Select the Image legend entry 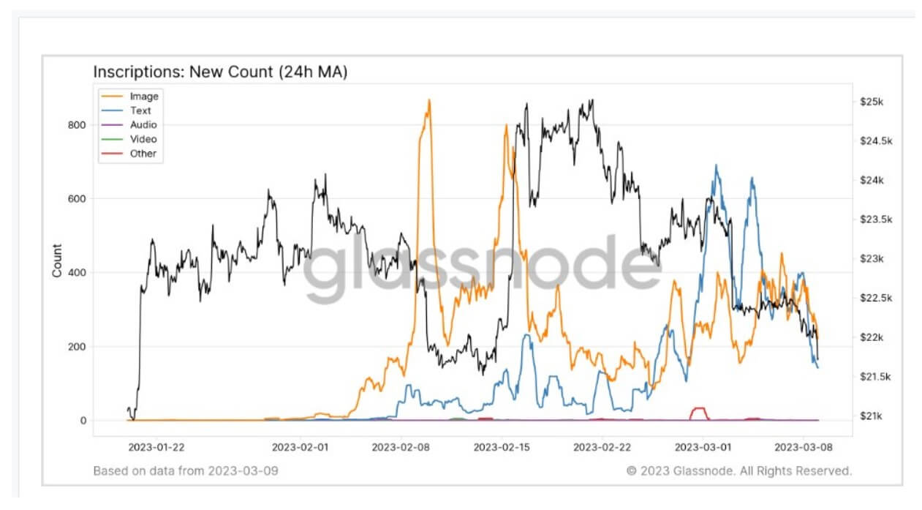pos(143,97)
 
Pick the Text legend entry pos(140,110)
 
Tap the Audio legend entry pos(143,125)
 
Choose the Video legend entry pos(143,139)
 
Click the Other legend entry pos(143,154)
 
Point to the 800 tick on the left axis pos(76,125)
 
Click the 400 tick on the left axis pos(76,273)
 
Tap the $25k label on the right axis pos(873,102)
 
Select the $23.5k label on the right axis pos(877,220)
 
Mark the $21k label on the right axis pos(873,416)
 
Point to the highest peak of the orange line pos(429,100)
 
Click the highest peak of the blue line pos(717,165)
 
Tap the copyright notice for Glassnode pos(739,470)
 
